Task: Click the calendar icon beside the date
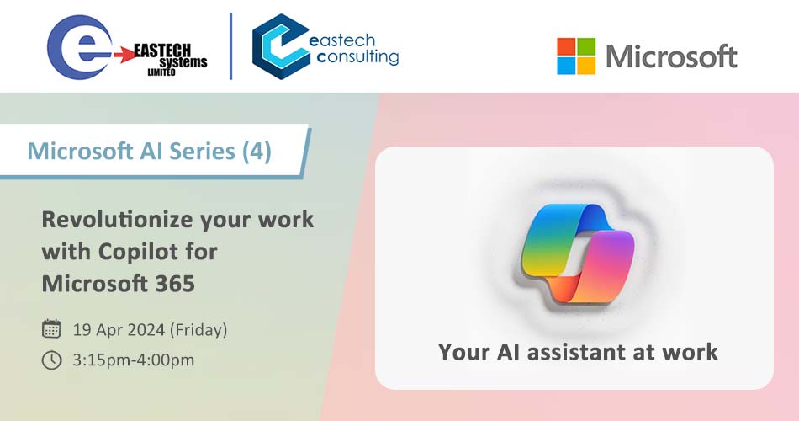(x=51, y=329)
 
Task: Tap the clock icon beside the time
(x=51, y=360)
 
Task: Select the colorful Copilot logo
(x=578, y=253)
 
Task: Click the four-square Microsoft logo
(x=576, y=56)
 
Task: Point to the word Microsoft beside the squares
(x=671, y=56)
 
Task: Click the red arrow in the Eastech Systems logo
(x=124, y=55)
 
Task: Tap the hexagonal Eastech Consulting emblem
(x=281, y=46)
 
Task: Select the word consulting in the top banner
(x=357, y=57)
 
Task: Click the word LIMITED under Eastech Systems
(x=161, y=72)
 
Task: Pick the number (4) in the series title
(x=257, y=151)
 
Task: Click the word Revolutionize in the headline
(x=117, y=220)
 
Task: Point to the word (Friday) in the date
(x=198, y=330)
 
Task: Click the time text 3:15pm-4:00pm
(x=134, y=360)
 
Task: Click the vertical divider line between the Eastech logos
(x=230, y=46)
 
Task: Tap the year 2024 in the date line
(x=146, y=330)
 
